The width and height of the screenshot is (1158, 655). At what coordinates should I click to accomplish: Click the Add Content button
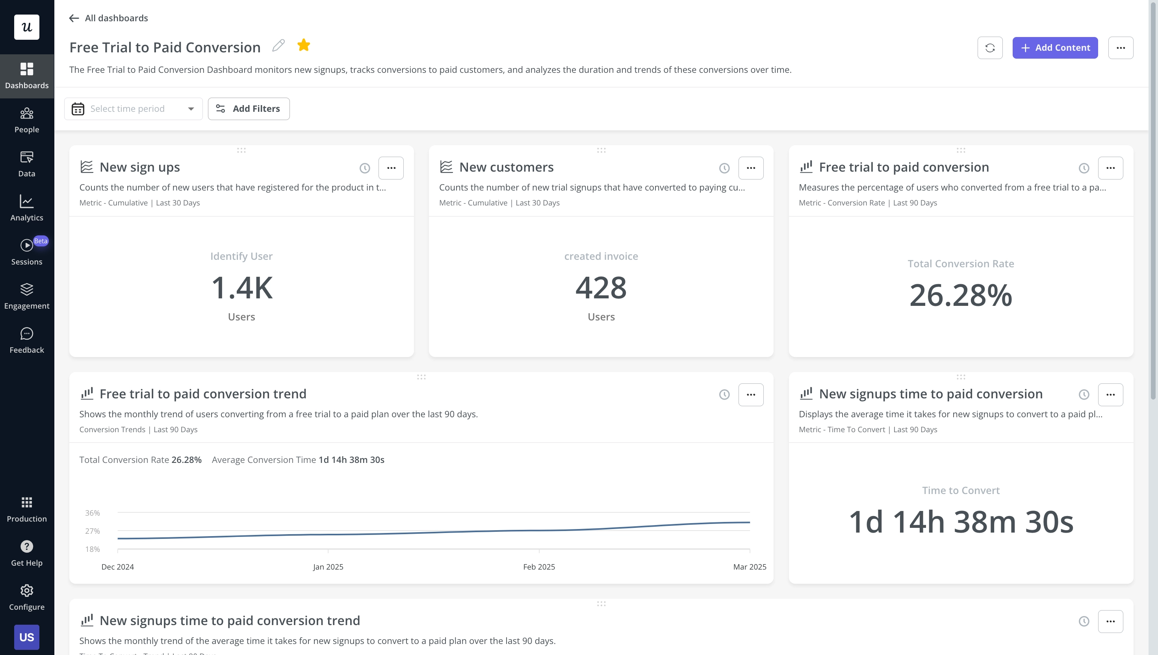click(1054, 48)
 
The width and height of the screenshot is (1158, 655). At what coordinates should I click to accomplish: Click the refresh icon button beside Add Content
click(990, 48)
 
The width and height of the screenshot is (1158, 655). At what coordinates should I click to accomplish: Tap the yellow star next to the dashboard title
click(304, 45)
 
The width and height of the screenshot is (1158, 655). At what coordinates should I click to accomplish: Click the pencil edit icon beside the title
click(278, 45)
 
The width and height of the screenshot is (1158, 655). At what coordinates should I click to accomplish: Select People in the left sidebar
click(26, 120)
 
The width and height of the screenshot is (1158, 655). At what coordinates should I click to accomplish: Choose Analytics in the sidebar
click(26, 208)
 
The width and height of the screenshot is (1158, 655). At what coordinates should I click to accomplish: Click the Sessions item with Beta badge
click(26, 252)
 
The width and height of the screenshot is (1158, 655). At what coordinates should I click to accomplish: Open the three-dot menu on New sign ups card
click(391, 168)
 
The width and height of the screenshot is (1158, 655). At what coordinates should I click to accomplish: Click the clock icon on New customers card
click(724, 168)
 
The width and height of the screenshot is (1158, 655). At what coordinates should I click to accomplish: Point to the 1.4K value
click(242, 288)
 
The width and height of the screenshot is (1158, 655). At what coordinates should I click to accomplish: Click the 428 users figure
click(601, 288)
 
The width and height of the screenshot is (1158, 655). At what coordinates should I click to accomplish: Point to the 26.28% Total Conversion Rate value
click(960, 296)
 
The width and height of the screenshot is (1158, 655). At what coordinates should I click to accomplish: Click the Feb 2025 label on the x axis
click(539, 567)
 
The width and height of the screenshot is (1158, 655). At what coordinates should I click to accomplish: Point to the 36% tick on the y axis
click(92, 513)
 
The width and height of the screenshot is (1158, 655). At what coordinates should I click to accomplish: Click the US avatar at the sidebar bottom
click(26, 637)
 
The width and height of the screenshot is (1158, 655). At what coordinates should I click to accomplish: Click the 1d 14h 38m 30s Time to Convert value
click(960, 522)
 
